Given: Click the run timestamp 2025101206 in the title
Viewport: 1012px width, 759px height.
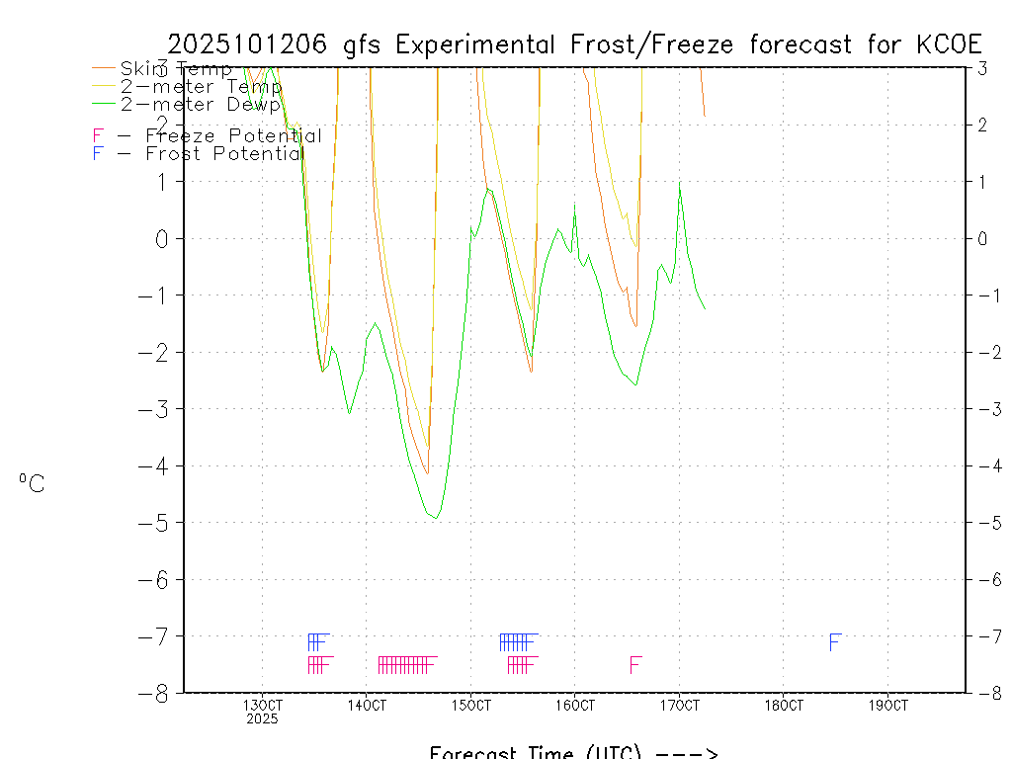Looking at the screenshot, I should point(251,44).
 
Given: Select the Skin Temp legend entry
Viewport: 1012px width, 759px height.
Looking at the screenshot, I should point(175,69).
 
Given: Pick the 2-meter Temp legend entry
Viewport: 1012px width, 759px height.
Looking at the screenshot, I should point(201,86).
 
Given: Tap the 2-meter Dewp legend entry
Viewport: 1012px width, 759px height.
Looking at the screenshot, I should point(201,104).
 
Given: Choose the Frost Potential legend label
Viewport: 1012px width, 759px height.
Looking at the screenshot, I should point(224,154).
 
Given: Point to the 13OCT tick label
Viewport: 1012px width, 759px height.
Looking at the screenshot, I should point(262,706).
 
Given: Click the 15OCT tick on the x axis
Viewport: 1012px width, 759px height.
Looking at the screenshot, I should point(470,706).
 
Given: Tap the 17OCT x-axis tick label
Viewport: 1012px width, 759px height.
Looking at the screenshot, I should point(679,706).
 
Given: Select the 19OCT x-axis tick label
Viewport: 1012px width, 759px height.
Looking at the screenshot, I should point(887,706).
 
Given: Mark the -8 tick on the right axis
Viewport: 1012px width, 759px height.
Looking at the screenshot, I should point(983,693).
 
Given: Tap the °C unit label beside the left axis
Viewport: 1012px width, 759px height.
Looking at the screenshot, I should point(32,484).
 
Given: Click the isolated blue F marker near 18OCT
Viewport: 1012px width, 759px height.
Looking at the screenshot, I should point(834,643).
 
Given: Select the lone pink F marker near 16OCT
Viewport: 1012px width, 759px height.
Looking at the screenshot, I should point(635,665).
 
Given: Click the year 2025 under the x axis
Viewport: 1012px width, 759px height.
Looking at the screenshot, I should point(262,719).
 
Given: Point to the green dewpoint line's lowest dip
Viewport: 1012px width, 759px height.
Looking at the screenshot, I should point(437,517).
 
